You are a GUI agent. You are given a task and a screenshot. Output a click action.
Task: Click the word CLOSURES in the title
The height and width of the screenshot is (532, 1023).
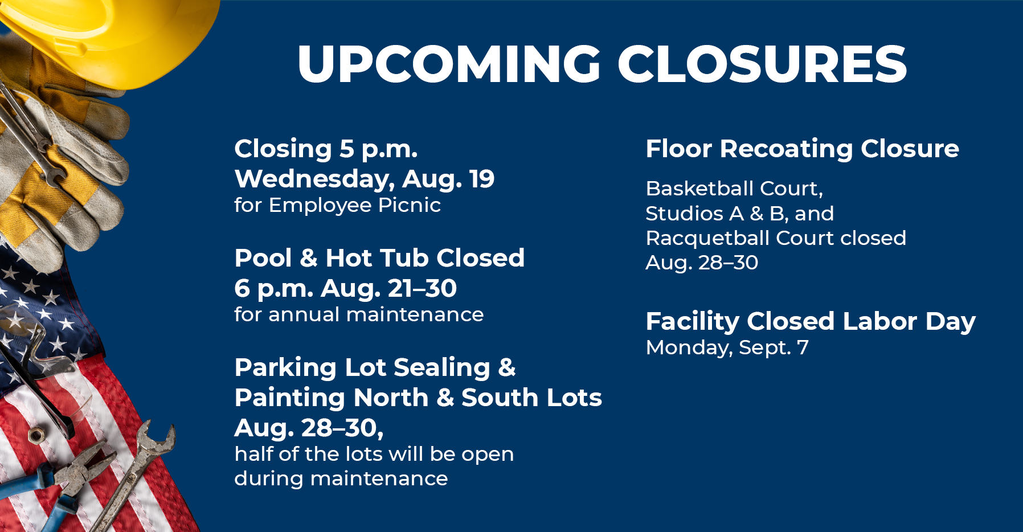tap(762, 63)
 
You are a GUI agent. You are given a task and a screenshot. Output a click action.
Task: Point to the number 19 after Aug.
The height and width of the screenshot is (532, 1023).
tap(482, 179)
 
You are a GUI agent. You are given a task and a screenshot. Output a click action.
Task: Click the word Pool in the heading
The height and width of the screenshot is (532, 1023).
tap(263, 258)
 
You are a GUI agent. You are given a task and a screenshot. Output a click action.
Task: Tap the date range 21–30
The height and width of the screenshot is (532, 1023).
tap(422, 288)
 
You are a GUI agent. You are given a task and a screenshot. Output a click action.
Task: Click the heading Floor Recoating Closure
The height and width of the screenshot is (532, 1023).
tap(803, 149)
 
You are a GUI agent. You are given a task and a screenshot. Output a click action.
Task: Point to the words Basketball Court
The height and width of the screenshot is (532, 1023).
tap(733, 189)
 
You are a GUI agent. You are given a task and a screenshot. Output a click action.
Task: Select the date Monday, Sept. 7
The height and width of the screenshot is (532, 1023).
tap(727, 348)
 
